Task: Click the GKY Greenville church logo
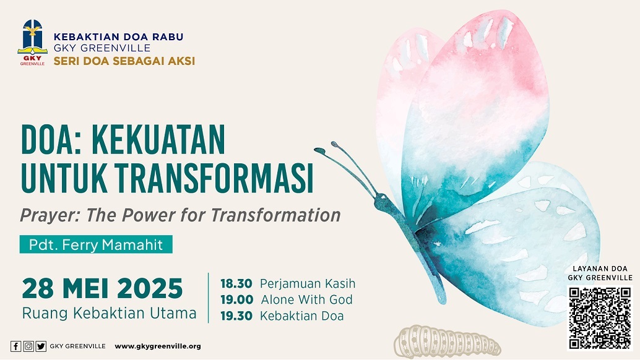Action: [x=32, y=43]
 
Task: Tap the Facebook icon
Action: [x=15, y=346]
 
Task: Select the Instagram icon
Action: [x=28, y=346]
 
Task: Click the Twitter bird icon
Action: [x=41, y=346]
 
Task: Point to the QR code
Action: [x=600, y=319]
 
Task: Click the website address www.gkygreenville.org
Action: [x=158, y=346]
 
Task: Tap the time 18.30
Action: [x=236, y=283]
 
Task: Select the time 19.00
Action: [x=236, y=299]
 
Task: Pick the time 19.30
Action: [x=236, y=316]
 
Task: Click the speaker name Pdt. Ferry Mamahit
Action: [x=96, y=244]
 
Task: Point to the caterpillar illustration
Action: [x=446, y=341]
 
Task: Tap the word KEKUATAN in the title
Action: [x=158, y=139]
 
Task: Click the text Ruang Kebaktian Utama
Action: [x=109, y=314]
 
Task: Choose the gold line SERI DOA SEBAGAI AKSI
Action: [x=124, y=61]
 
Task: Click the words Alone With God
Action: [x=306, y=299]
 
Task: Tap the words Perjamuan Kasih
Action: [x=308, y=283]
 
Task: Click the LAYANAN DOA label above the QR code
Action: [x=600, y=268]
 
